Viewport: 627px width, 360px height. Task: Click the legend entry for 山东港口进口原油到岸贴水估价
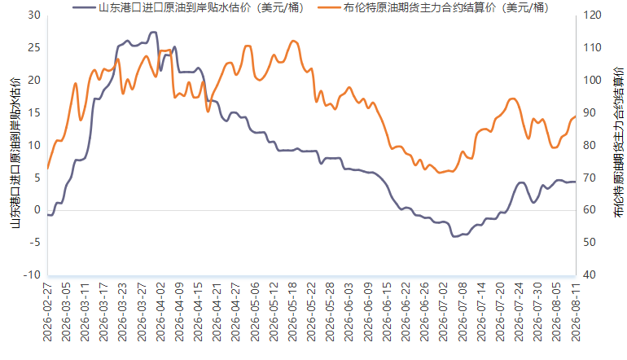point(188,7)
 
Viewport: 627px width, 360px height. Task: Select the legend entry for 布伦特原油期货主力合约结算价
point(433,7)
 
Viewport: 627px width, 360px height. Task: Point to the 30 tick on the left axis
point(34,15)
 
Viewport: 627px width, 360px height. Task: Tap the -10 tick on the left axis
point(32,274)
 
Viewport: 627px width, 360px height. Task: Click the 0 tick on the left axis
point(37,210)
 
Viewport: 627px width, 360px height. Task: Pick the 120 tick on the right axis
point(592,15)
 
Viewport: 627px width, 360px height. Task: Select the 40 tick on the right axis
point(590,274)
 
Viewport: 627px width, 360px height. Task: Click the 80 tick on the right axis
point(590,145)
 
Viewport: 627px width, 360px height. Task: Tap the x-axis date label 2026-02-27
point(47,312)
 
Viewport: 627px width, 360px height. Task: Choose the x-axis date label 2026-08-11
point(576,312)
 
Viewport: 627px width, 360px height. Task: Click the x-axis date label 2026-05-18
point(292,312)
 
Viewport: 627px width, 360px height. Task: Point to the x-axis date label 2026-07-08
point(463,312)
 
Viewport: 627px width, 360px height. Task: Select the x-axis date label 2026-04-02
point(160,312)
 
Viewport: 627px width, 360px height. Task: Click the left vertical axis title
point(15,153)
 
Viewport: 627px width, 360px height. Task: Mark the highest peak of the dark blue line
point(153,32)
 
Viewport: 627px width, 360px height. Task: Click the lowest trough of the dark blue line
point(454,236)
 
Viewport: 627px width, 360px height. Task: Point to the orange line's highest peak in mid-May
point(293,41)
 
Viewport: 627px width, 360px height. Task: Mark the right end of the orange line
point(576,116)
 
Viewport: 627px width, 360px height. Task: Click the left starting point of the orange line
point(47,169)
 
